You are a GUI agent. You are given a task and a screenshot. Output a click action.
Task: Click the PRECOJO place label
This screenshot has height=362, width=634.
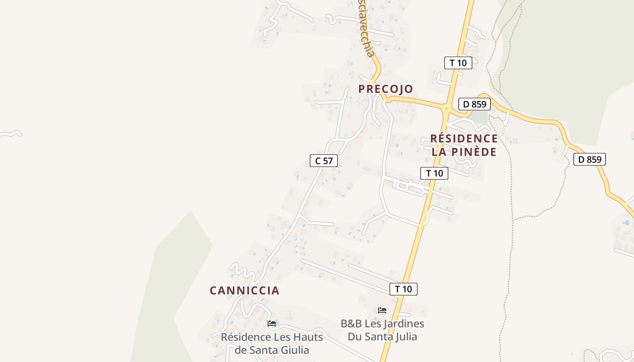coord(385,89)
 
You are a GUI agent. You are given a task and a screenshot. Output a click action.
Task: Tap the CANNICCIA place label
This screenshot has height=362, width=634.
coord(244,291)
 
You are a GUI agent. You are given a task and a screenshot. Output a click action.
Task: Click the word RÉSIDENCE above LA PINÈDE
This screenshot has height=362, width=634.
coord(464,138)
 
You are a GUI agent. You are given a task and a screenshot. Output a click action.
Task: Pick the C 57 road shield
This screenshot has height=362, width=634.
coord(324,160)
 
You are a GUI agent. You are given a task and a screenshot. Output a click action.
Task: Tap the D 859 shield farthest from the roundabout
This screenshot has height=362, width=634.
coord(589,159)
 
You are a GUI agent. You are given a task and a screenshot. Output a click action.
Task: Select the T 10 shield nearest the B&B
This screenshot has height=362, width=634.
coord(403,289)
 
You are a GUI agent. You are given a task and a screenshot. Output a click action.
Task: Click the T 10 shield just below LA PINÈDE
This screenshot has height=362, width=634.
coord(434,173)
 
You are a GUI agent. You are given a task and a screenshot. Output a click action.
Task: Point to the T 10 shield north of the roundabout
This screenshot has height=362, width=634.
coord(458,63)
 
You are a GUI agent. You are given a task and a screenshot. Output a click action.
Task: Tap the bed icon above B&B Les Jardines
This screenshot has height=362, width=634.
coord(382,310)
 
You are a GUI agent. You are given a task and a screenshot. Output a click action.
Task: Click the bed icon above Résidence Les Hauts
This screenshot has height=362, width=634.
coord(272,324)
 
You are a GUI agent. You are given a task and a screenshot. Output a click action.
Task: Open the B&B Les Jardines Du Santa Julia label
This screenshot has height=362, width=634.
coord(382,330)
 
